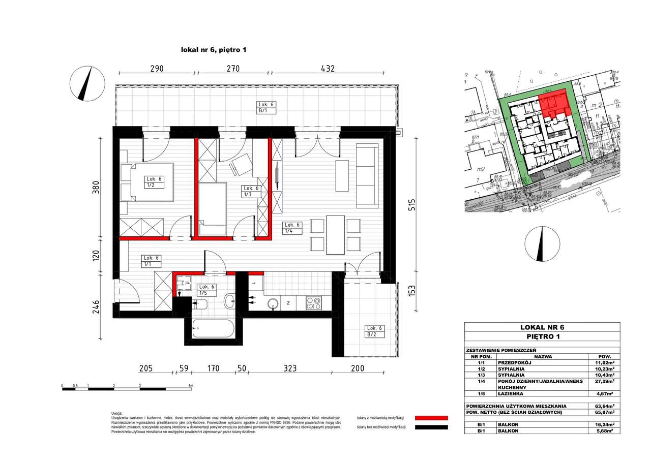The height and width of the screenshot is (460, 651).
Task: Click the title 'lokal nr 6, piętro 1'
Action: tap(214, 50)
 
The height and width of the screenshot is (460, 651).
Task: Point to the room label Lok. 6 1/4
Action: tap(292, 228)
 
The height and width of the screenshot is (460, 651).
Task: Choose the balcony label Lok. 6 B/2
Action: tap(375, 331)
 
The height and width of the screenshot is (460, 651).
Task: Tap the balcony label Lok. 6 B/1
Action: tap(266, 107)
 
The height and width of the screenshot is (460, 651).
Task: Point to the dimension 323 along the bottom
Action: tap(289, 369)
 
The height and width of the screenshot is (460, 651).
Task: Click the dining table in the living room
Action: tap(335, 234)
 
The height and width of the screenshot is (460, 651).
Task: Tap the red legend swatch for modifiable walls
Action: tap(431, 417)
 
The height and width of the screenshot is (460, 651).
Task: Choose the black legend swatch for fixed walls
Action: tap(431, 427)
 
